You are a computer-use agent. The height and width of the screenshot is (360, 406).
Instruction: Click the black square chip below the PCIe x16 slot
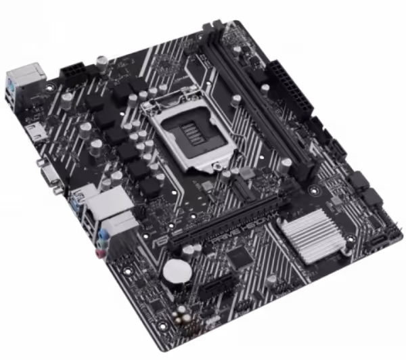241,258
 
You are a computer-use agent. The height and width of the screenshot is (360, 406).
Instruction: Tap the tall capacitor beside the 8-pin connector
100,62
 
